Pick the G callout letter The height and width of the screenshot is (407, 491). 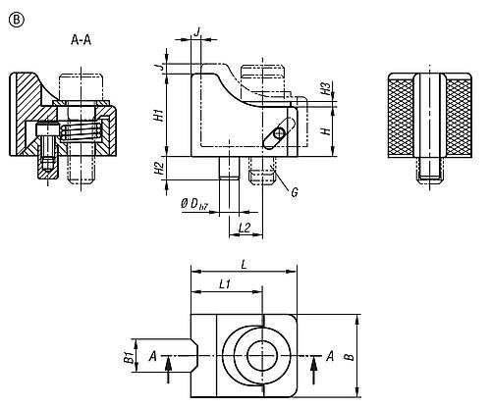(x=294, y=190)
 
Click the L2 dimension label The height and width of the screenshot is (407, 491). (x=246, y=228)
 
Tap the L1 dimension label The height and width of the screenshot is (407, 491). (x=223, y=284)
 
